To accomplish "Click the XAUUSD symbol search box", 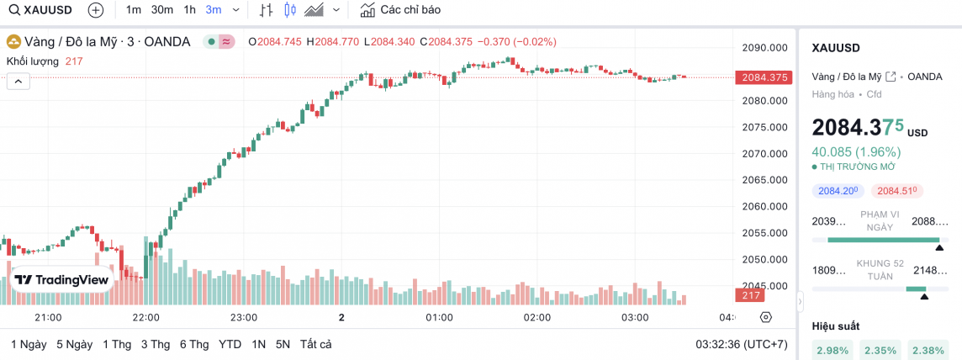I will pos(43,10).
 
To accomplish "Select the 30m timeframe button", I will pos(162,10).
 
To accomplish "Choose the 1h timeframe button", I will pos(189,10).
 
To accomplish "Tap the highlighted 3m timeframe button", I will pos(214,10).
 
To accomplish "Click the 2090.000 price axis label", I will pos(764,48).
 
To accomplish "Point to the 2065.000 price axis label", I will pos(764,180).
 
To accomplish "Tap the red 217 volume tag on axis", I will pos(751,295).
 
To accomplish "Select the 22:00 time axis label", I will pos(145,317).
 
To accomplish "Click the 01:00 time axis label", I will pos(439,317).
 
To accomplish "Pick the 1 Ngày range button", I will pos(29,344).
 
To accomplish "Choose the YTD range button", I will pos(230,344).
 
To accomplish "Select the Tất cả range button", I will pos(315,344).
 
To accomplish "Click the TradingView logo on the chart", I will pos(61,279).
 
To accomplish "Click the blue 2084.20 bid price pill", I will pos(836,191).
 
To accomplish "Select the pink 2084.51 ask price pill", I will pos(896,191).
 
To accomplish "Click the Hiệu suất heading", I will pos(836,326).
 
